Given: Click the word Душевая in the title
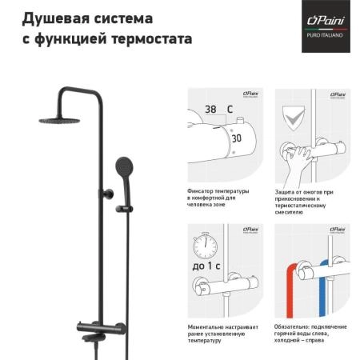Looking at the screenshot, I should [52, 18].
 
